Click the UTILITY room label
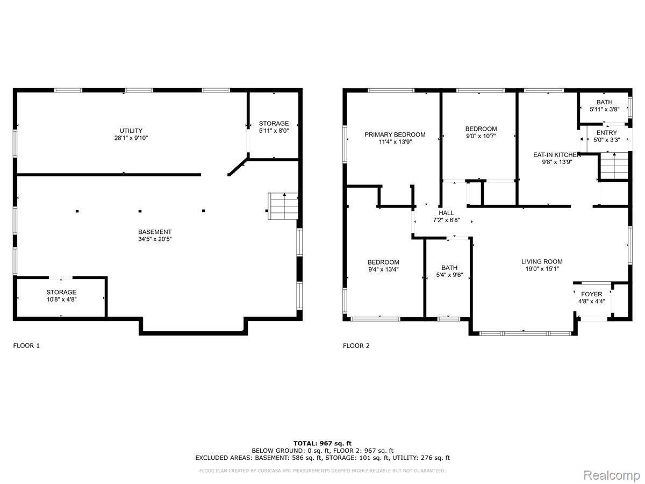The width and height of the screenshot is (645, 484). (131, 131)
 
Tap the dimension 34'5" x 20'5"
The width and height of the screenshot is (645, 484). (155, 239)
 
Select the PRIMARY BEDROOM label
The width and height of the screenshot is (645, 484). (395, 134)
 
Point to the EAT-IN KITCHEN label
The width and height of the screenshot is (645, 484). (555, 154)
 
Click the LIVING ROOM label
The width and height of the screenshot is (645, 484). (542, 261)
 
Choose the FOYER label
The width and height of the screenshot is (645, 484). (592, 294)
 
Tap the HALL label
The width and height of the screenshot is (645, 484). (446, 213)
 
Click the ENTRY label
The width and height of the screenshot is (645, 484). (606, 132)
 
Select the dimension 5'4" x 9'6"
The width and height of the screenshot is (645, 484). (449, 275)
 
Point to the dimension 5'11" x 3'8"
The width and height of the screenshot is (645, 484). (605, 109)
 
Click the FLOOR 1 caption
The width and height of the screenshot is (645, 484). (26, 346)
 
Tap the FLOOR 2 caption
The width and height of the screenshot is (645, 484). (356, 346)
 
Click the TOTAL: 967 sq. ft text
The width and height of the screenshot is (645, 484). (322, 443)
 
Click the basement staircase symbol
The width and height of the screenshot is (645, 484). (283, 206)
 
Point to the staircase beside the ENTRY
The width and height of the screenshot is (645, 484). (614, 166)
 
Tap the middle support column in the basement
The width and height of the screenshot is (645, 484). (140, 211)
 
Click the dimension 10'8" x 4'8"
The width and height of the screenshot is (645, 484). (61, 300)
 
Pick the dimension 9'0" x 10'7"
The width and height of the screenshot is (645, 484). (481, 136)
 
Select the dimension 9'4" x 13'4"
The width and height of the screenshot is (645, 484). (383, 269)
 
